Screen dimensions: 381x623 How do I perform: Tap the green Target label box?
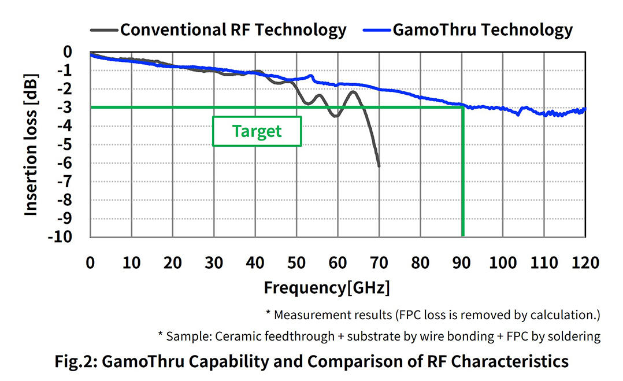point(257,131)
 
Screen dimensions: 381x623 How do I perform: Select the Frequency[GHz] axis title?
point(327,287)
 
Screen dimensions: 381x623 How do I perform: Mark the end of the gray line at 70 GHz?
point(379,166)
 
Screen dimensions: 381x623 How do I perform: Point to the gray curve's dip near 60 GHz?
point(335,116)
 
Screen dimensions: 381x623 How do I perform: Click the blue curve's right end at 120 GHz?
point(585,109)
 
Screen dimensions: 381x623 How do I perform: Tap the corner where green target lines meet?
point(462,108)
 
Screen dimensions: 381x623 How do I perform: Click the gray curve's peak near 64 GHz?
point(353,92)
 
